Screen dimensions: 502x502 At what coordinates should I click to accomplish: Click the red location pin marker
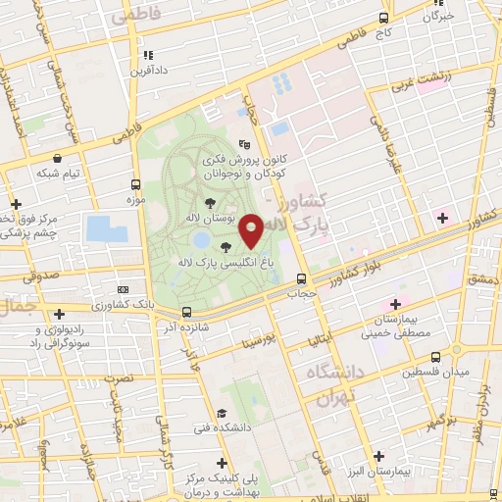point(251,231)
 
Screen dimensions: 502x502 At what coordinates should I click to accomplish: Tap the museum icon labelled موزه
point(135,200)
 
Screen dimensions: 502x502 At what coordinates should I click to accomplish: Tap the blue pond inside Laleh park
point(201,238)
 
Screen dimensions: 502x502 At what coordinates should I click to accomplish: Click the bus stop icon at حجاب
point(300,277)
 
